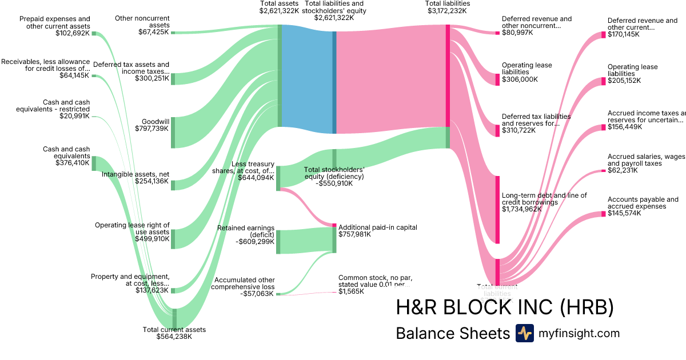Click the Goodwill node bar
pos(173,132)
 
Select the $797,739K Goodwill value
pos(151,129)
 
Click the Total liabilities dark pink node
pos(448,75)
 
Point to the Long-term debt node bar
pos(497,210)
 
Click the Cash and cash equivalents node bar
pos(94,163)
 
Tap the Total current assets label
pos(174,329)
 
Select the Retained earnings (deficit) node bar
pos(278,241)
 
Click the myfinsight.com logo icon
pos(524,333)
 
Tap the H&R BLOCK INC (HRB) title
pos(505,307)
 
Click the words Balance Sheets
pos(452,334)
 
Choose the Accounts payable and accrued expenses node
pos(603,214)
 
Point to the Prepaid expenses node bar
pos(94,34)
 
